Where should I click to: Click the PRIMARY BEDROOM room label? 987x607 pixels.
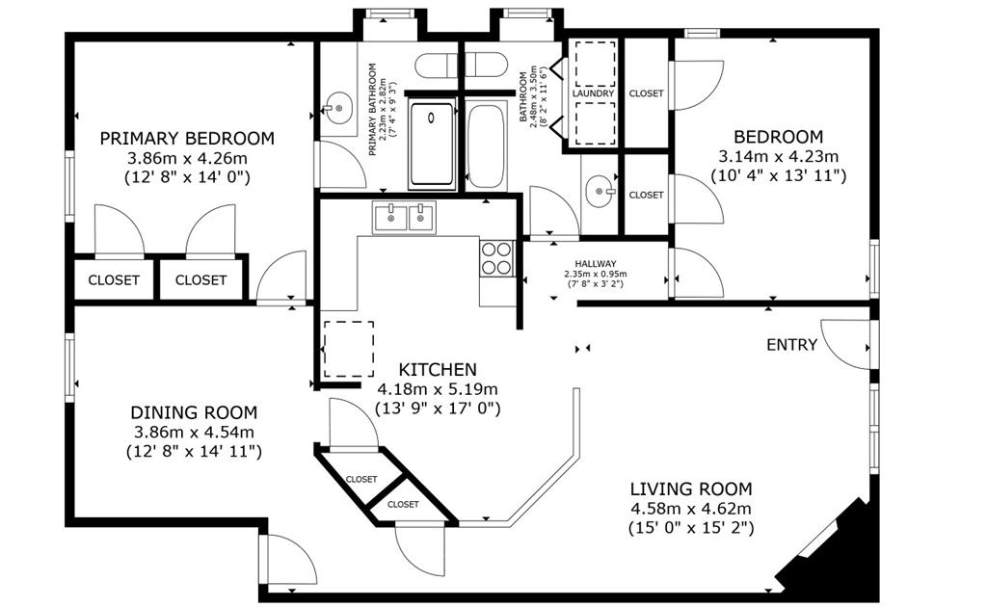point(187,138)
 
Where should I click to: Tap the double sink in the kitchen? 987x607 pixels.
point(405,217)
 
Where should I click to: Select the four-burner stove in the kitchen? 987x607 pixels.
point(496,257)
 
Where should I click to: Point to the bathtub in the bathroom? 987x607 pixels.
point(486,146)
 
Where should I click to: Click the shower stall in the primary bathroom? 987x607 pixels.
point(433,145)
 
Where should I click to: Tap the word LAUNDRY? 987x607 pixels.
point(592,93)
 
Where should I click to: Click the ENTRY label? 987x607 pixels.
point(791,345)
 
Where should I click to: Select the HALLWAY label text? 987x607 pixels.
point(596,263)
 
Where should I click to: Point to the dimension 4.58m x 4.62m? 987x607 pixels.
point(691,509)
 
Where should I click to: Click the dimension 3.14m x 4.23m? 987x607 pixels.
point(778,156)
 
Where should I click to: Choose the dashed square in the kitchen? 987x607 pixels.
point(348,349)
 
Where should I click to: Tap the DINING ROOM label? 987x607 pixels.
point(194,412)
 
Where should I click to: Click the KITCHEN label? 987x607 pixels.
point(438,369)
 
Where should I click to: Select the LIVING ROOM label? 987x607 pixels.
point(691,489)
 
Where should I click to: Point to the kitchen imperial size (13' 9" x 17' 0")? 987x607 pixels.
point(438,409)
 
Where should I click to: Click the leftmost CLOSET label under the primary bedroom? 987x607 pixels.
point(114,280)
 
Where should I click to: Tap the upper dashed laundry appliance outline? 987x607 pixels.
point(595,65)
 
